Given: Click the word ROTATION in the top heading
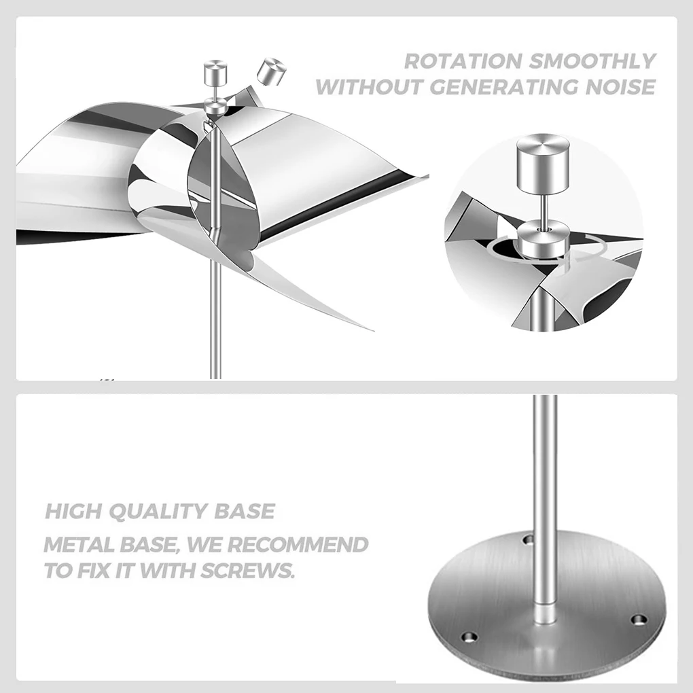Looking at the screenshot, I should [462, 60].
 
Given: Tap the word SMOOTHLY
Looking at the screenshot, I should [592, 60].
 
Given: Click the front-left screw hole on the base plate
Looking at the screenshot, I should [469, 637].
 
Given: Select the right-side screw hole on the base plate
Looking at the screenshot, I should [639, 620].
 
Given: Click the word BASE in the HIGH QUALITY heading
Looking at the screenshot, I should [245, 511].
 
